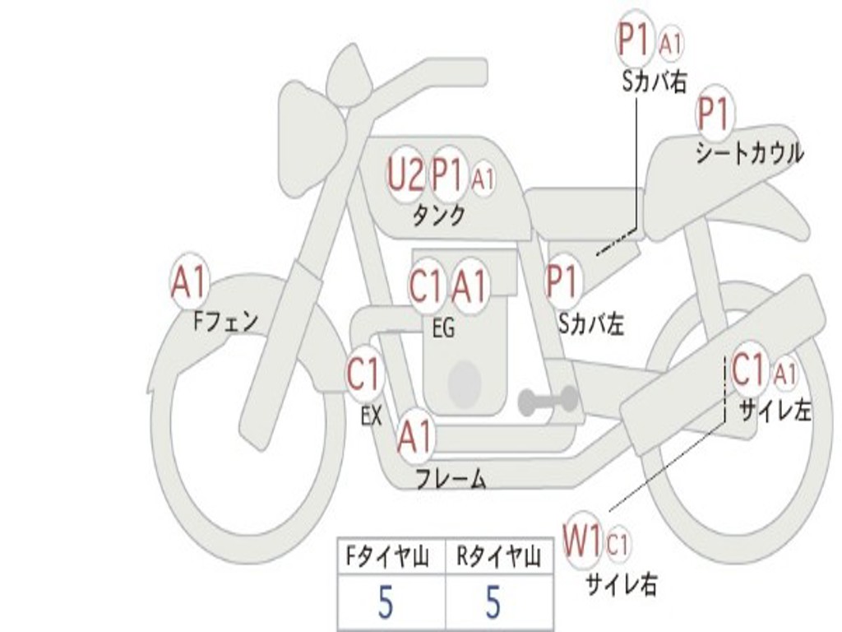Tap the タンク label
tap(439, 215)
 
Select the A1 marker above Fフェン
tap(188, 282)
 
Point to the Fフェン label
tap(225, 322)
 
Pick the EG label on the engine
tap(444, 327)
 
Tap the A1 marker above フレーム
tap(415, 436)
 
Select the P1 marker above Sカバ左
tap(563, 281)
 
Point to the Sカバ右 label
tap(655, 82)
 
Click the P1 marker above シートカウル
tap(715, 114)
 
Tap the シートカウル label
tap(750, 153)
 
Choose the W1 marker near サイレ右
tap(581, 540)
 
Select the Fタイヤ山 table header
tap(388, 556)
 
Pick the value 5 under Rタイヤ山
tap(493, 602)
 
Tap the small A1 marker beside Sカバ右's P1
tap(671, 44)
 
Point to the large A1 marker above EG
tap(469, 285)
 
